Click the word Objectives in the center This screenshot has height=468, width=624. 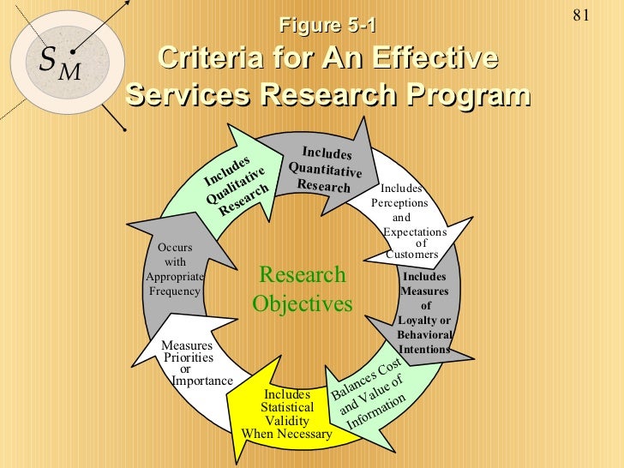click(302, 304)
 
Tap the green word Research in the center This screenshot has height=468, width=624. click(302, 275)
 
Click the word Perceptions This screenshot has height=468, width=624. click(399, 203)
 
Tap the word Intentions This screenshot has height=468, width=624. click(424, 350)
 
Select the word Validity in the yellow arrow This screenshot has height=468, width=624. click(286, 422)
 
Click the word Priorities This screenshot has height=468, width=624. click(189, 357)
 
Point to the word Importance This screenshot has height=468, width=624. click(202, 381)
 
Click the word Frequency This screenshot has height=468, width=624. click(175, 291)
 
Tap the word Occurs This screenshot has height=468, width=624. click(176, 248)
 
